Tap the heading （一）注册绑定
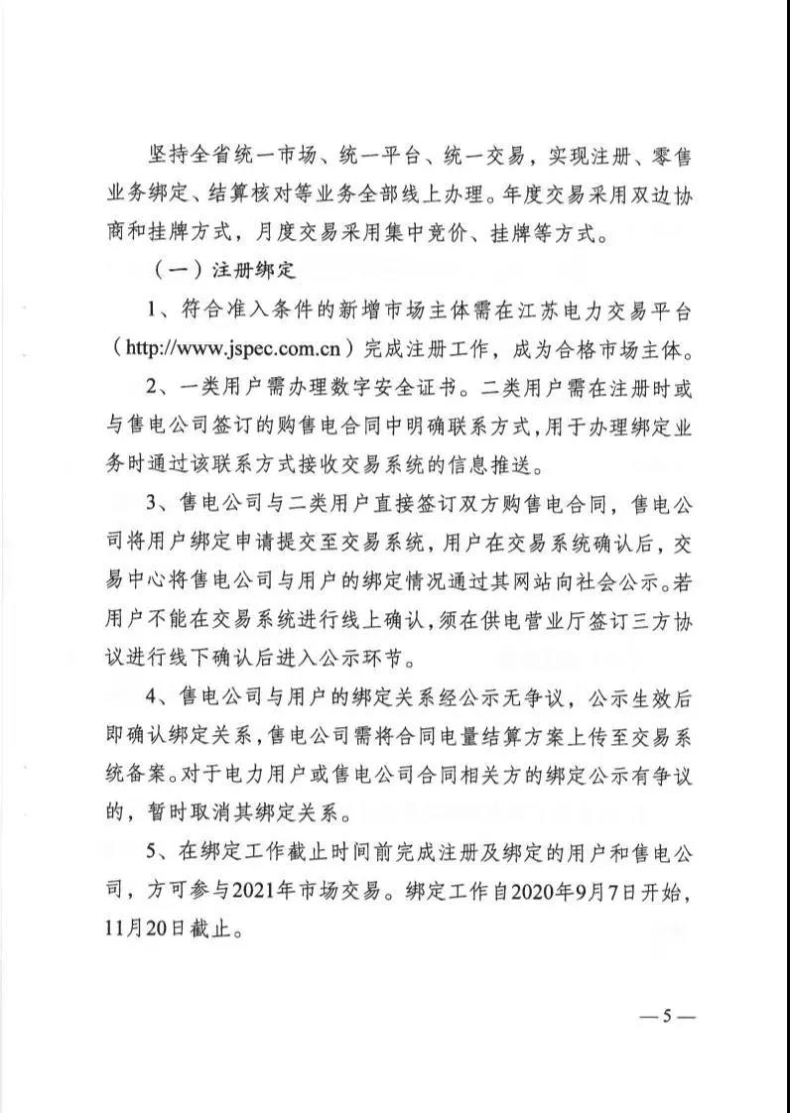228,270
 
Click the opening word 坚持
163,154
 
